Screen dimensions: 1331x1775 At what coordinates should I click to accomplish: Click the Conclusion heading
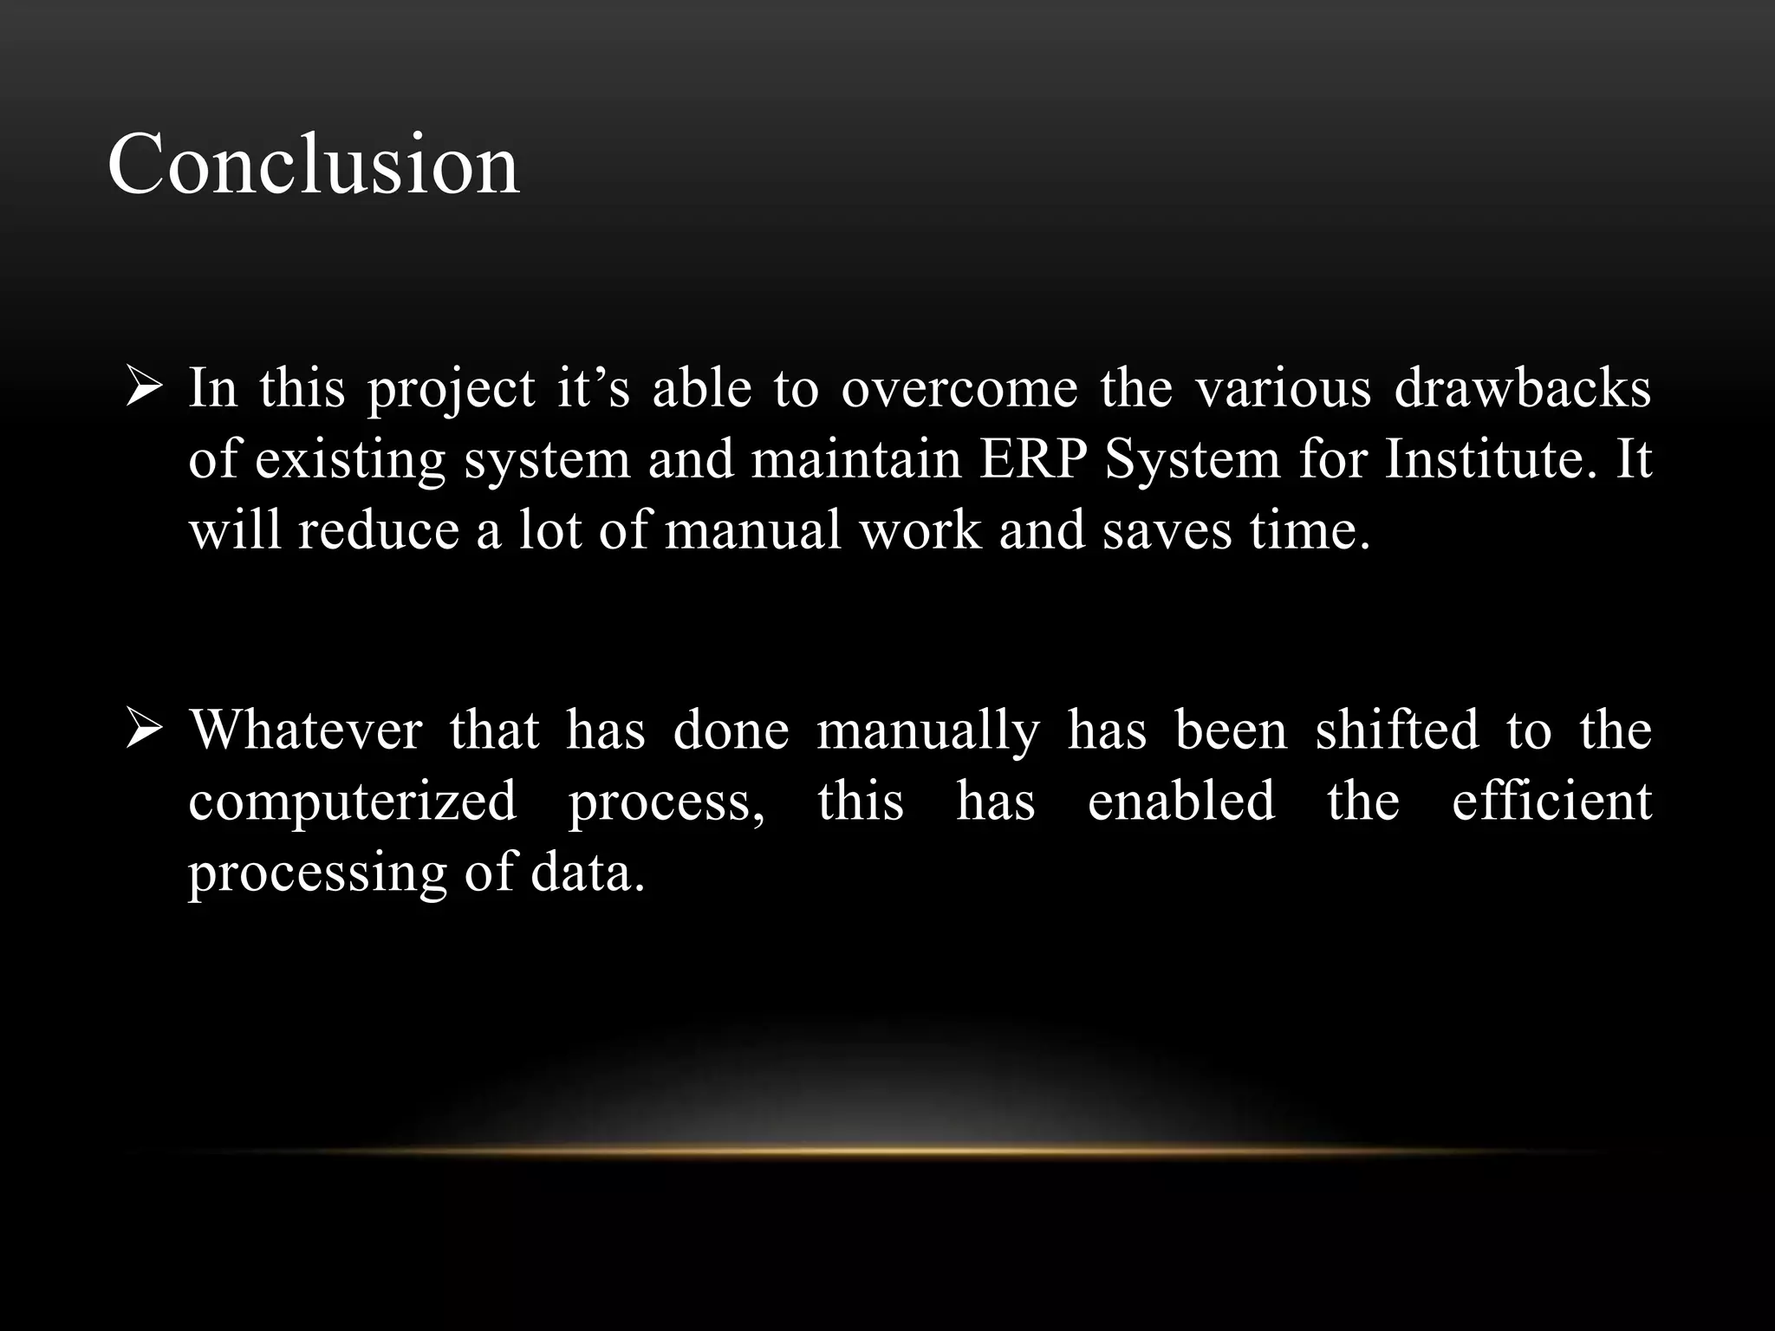click(x=313, y=164)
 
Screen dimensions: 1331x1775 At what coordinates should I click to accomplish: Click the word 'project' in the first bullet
click(x=451, y=389)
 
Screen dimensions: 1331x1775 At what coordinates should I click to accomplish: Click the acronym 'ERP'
click(x=1033, y=458)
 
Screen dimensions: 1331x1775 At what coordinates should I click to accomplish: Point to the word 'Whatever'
click(x=306, y=730)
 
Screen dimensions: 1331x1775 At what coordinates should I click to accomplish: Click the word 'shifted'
click(x=1396, y=730)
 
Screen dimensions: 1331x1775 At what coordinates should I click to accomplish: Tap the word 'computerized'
click(x=353, y=802)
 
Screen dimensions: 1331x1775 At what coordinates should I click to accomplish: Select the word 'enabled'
click(x=1181, y=800)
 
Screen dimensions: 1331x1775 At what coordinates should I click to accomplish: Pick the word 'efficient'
click(x=1551, y=800)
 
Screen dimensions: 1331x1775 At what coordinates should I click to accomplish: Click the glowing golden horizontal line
click(x=887, y=1151)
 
